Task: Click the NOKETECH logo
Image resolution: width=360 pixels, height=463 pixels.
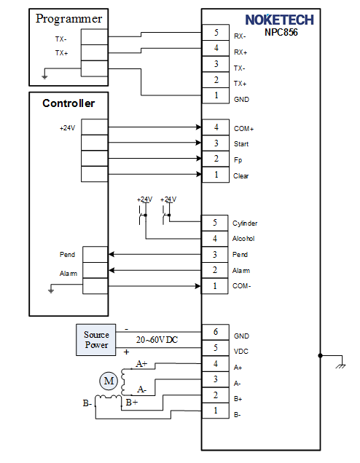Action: [x=279, y=20]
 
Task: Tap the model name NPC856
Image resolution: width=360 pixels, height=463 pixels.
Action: [x=281, y=32]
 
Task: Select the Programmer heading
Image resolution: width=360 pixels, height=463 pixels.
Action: [x=69, y=19]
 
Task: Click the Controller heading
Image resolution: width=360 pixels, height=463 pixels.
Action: [x=69, y=103]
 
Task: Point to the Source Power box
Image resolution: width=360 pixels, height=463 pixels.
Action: [x=95, y=339]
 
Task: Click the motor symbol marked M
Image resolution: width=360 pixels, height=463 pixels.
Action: [x=109, y=381]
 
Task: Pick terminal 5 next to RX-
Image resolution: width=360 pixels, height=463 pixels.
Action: [x=216, y=32]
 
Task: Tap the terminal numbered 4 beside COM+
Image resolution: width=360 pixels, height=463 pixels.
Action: [x=216, y=127]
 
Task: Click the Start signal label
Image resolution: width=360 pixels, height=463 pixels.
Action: [x=241, y=144]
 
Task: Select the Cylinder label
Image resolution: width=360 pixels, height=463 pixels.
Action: [x=245, y=223]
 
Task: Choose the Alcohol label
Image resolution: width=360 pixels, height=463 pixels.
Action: [x=243, y=239]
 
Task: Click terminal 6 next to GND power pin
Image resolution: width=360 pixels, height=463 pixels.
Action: [x=216, y=332]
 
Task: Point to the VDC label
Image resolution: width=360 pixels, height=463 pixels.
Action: [x=241, y=352]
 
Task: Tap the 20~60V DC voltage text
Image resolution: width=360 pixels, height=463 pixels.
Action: [x=157, y=340]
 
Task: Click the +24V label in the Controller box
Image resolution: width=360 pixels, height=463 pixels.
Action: [x=67, y=128]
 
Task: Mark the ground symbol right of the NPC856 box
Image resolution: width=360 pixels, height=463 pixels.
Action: [x=341, y=366]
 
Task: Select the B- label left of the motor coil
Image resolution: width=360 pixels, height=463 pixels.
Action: [x=87, y=403]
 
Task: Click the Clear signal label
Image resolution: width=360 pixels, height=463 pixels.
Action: [x=241, y=176]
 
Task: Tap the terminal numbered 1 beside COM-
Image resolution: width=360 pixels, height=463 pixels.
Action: [x=214, y=286]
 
